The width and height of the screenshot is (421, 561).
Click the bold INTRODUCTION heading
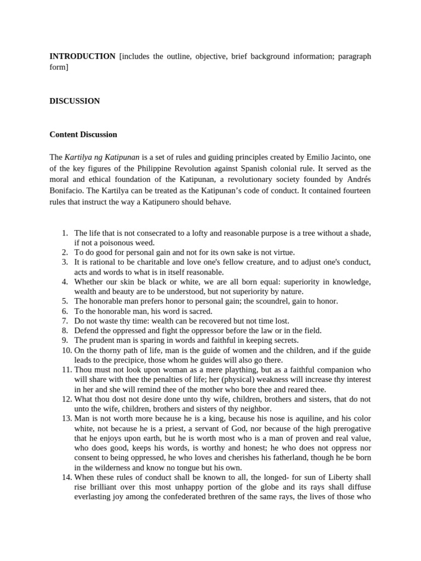[x=82, y=56]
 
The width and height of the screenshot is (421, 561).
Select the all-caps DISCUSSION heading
[x=75, y=101]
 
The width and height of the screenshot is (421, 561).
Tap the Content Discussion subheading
[x=83, y=134]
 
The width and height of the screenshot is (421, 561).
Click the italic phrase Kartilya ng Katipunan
[x=102, y=157]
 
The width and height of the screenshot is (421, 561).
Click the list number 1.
[x=65, y=233]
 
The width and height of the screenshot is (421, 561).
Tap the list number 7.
[x=65, y=321]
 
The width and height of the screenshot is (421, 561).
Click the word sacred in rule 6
[x=200, y=311]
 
